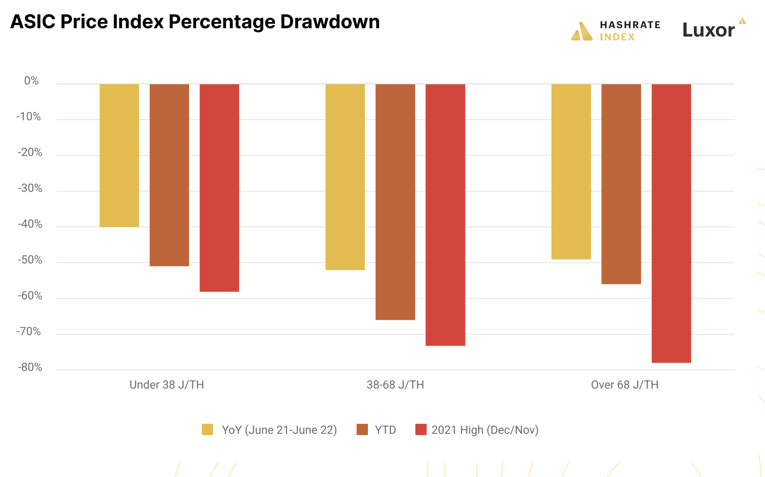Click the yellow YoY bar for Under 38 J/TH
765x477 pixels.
(119, 155)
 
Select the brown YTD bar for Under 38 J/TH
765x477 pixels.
(169, 175)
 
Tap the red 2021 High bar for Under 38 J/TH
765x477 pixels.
(219, 188)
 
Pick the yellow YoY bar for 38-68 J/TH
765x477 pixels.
(345, 177)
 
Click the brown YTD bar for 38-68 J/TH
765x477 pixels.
(395, 202)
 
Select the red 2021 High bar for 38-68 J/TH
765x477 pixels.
(445, 215)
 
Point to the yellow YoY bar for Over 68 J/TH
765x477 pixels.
(571, 172)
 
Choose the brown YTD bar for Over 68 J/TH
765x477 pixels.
(621, 184)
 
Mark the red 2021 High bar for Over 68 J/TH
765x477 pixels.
(671, 223)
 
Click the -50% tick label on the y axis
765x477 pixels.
(30, 260)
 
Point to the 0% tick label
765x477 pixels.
(32, 81)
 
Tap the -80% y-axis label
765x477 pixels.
(30, 367)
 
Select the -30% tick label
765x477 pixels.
(30, 188)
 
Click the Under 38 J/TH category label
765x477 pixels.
(166, 385)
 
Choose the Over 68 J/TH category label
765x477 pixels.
(625, 385)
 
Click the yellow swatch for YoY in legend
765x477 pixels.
(207, 430)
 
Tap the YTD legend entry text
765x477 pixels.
(385, 430)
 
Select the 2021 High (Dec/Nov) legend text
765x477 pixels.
(485, 430)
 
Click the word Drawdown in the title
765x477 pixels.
(330, 22)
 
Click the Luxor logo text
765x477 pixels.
(708, 30)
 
